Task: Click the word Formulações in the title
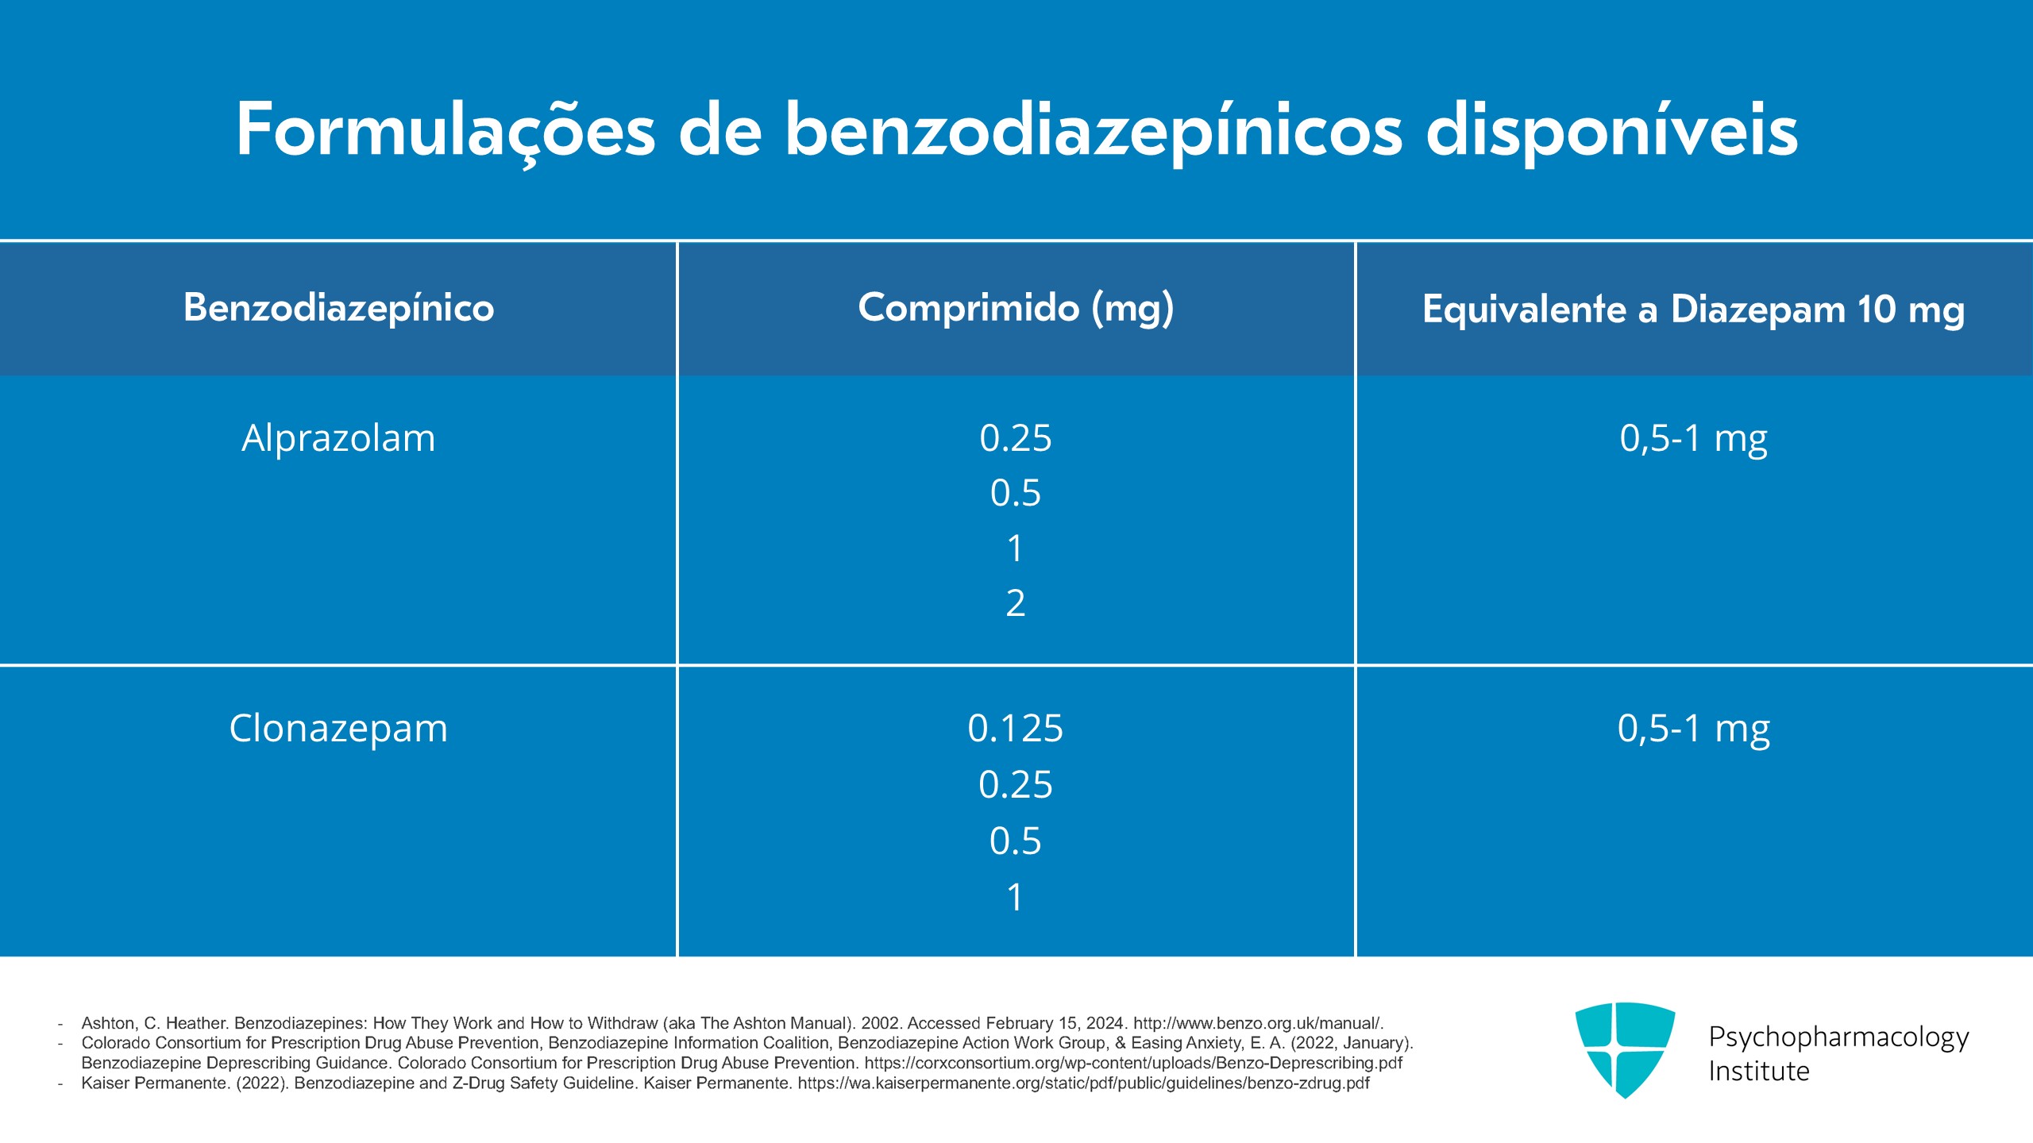coord(445,131)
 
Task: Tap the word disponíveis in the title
coord(1612,131)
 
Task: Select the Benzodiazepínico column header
coord(338,308)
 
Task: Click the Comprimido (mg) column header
coord(1016,308)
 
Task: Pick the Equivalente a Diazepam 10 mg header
coord(1693,310)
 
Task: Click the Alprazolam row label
coord(338,438)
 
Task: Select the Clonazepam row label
coord(338,729)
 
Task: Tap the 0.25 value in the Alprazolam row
coord(1016,438)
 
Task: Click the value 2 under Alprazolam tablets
coord(1016,603)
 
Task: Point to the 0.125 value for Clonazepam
coord(1016,729)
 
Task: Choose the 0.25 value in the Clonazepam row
coord(1016,785)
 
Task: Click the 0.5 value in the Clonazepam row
coord(1016,841)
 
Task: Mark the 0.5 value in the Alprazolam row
coord(1016,493)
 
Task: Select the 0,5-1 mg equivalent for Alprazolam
coord(1693,438)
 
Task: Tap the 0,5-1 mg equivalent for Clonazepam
coord(1693,729)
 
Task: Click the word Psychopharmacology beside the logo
coord(1838,1037)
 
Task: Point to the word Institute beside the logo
coord(1759,1072)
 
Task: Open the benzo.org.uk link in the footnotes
coord(1257,1023)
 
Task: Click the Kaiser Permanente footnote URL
coord(1083,1083)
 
